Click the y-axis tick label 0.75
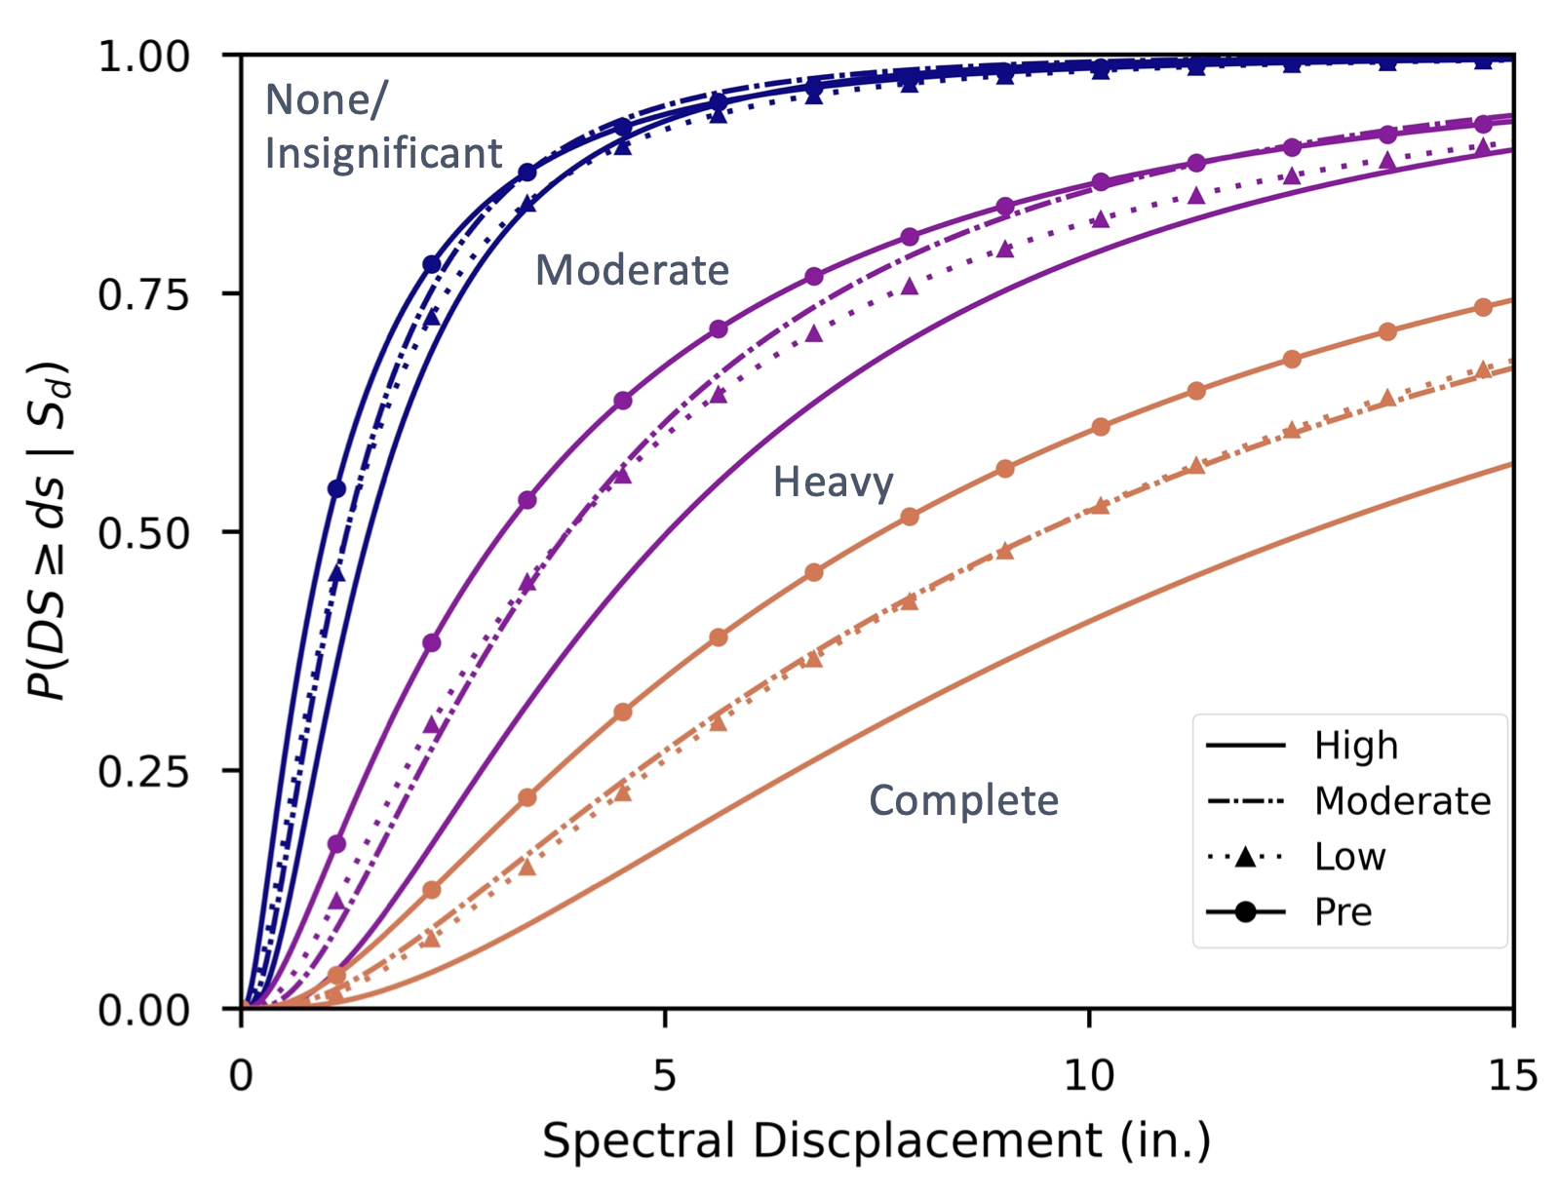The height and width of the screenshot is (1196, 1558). (143, 293)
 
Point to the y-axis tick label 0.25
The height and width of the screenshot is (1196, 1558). (143, 770)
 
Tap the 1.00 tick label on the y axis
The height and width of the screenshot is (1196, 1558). (143, 57)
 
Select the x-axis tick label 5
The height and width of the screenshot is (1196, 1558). (664, 1076)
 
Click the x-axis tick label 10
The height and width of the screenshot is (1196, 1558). (1088, 1076)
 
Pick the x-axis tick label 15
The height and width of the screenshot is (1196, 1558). (1513, 1076)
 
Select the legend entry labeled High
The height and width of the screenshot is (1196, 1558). (1355, 746)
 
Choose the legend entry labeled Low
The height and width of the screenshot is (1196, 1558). (1349, 857)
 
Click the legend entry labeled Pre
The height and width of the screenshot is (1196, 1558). (1343, 912)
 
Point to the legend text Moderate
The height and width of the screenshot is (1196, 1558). (1402, 801)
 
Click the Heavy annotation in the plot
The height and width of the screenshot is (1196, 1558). (833, 482)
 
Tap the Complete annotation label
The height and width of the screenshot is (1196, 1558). (963, 800)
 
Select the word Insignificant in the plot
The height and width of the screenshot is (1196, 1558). (383, 154)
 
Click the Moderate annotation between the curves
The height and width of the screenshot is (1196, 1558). (632, 270)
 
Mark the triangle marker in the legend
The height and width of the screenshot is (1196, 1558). (1245, 858)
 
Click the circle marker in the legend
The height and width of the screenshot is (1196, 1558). (1245, 912)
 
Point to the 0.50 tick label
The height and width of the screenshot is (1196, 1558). (143, 532)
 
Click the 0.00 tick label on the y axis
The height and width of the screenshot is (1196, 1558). (143, 1009)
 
